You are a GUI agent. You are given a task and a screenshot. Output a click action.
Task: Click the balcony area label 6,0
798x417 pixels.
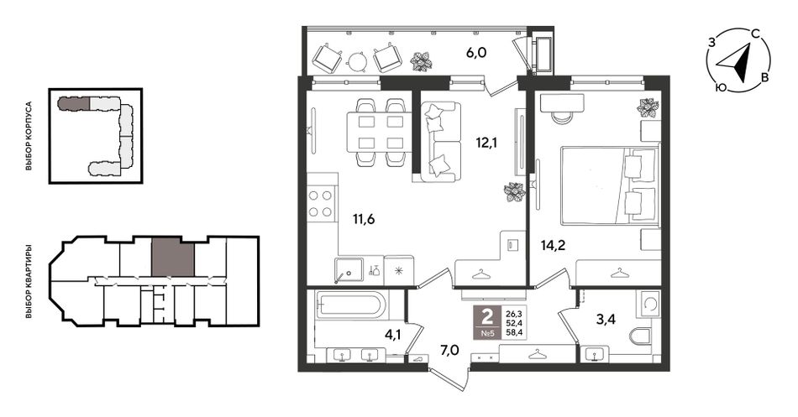[x=476, y=52]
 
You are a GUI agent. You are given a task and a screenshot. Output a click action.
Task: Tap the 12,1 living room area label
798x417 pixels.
[x=486, y=143]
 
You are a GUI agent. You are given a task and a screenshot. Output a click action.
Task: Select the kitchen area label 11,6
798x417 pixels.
[x=364, y=220]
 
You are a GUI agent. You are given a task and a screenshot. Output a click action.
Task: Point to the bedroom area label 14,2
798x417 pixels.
[x=554, y=246]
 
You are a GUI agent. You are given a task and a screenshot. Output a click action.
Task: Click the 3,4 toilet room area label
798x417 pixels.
[x=606, y=320]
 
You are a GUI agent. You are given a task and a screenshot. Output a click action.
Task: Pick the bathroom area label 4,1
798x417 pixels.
[x=393, y=335]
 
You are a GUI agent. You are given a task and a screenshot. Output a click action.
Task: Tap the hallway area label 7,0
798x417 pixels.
[x=450, y=349]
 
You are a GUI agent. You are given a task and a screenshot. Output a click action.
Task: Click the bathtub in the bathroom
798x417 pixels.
[x=350, y=305]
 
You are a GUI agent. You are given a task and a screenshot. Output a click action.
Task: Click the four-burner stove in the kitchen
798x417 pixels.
[x=321, y=204]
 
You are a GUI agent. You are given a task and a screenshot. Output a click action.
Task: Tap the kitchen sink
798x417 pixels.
[x=349, y=269]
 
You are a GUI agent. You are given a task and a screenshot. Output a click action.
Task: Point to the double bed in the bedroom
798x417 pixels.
[x=610, y=185]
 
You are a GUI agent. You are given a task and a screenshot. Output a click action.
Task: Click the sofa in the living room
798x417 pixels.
[x=441, y=142]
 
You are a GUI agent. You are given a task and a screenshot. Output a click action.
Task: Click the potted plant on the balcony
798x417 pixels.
[x=422, y=61]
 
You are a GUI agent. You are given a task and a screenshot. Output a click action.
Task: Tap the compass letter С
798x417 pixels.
[x=756, y=34]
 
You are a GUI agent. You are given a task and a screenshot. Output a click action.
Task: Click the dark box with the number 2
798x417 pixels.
[x=487, y=323]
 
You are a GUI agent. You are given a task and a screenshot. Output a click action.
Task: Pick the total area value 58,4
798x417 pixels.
[x=512, y=334]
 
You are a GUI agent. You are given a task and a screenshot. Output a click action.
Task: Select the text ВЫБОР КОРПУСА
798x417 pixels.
[x=29, y=136]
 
